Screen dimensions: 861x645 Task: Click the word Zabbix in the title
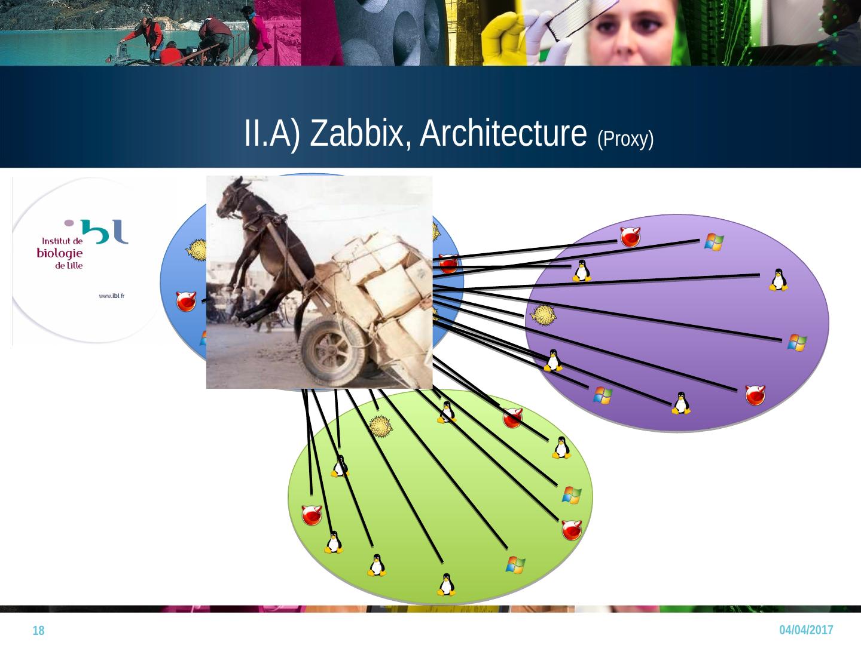click(361, 133)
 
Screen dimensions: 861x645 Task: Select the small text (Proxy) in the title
click(625, 139)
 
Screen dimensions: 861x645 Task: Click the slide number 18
click(38, 631)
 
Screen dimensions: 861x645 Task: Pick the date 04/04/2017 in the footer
click(807, 630)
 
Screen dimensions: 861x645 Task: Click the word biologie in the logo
click(60, 253)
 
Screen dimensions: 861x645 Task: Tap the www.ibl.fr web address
click(115, 296)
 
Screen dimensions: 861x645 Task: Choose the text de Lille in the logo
click(68, 265)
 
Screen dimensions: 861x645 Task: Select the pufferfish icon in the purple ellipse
click(543, 314)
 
